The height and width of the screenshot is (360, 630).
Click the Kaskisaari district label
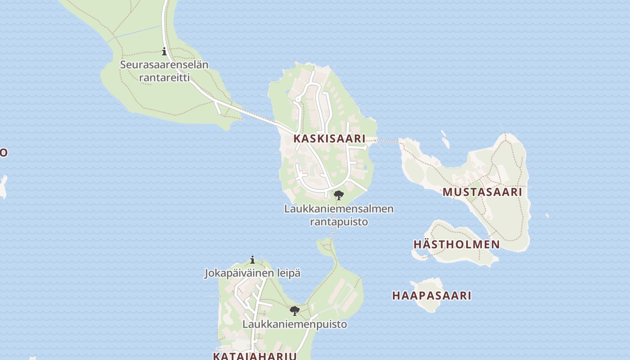coord(329,139)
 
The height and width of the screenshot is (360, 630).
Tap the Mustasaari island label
coord(482,192)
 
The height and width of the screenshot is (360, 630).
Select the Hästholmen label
coord(456,244)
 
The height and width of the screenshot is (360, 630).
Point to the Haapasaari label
coord(432,296)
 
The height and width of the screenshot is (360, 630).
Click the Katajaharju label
coord(254,356)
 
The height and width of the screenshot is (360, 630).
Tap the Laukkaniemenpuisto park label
coord(295,324)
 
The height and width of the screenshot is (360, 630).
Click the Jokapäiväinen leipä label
coord(252,273)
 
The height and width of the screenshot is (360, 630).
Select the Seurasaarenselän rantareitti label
coord(164,71)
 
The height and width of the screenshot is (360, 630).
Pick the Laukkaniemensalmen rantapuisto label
coord(339,215)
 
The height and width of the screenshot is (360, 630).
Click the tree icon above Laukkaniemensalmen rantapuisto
coord(339,195)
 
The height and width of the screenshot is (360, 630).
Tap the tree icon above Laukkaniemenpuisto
coord(295,311)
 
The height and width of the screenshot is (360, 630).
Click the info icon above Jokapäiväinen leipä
coord(252,260)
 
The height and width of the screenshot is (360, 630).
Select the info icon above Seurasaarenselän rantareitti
coord(164,52)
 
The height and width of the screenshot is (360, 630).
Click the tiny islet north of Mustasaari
coord(445,143)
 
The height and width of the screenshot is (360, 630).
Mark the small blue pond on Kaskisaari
coord(365,167)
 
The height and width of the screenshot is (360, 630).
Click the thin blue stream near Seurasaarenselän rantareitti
coord(135,34)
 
